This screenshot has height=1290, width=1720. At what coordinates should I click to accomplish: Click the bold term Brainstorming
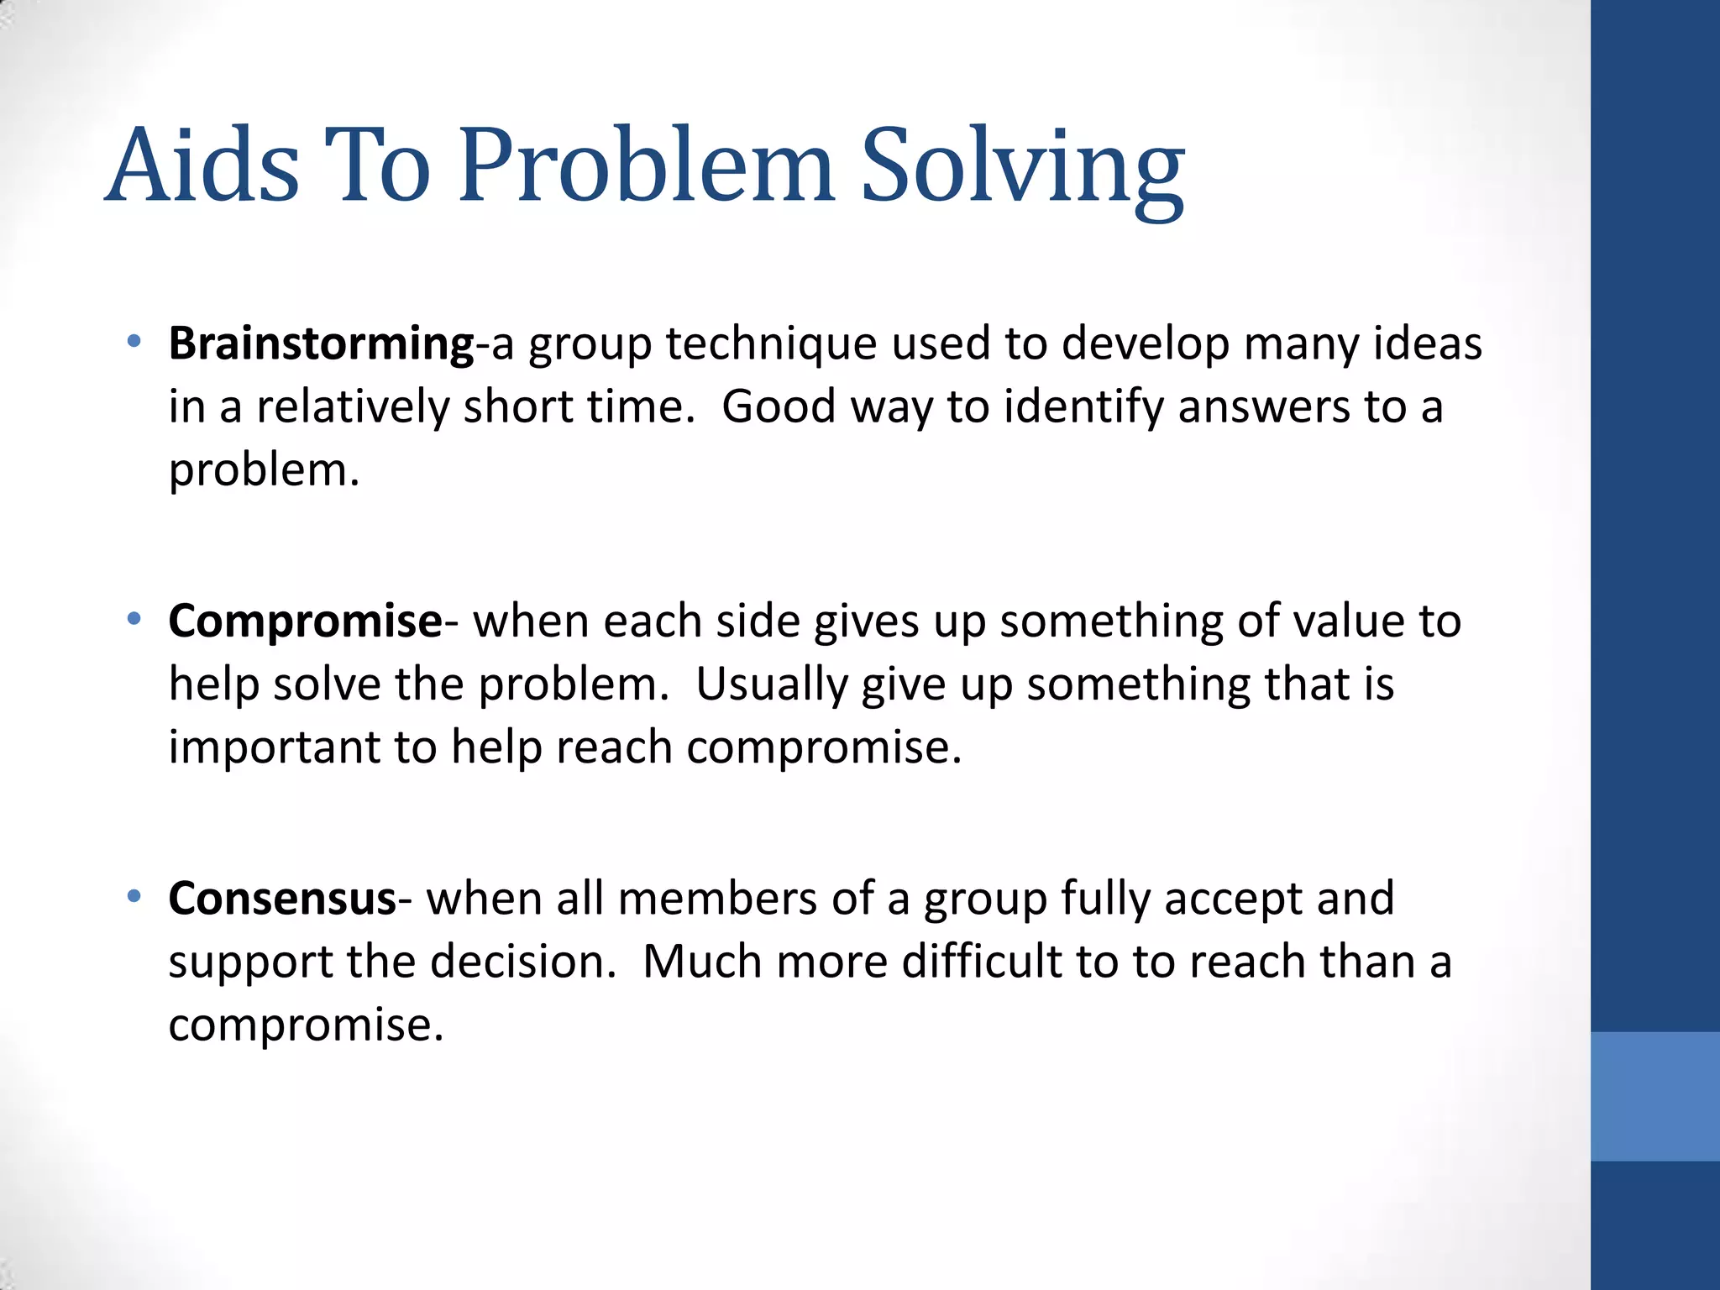[x=322, y=344]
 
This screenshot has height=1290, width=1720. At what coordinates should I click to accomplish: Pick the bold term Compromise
[x=305, y=621]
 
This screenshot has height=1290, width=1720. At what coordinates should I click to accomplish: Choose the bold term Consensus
[x=282, y=899]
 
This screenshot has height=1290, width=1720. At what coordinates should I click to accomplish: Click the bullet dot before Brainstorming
[x=134, y=342]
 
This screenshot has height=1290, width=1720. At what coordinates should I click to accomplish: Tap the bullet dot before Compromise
[x=134, y=620]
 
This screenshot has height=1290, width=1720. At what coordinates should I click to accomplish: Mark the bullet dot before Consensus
[x=134, y=897]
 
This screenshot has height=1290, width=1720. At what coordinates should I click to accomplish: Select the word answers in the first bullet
[x=1264, y=407]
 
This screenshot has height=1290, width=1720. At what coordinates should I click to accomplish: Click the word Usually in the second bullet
[x=772, y=684]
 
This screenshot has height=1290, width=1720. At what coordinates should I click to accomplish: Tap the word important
[x=274, y=747]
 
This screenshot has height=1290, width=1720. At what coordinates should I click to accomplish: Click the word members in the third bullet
[x=717, y=899]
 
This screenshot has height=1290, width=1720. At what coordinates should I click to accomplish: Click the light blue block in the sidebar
[x=1654, y=1096]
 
